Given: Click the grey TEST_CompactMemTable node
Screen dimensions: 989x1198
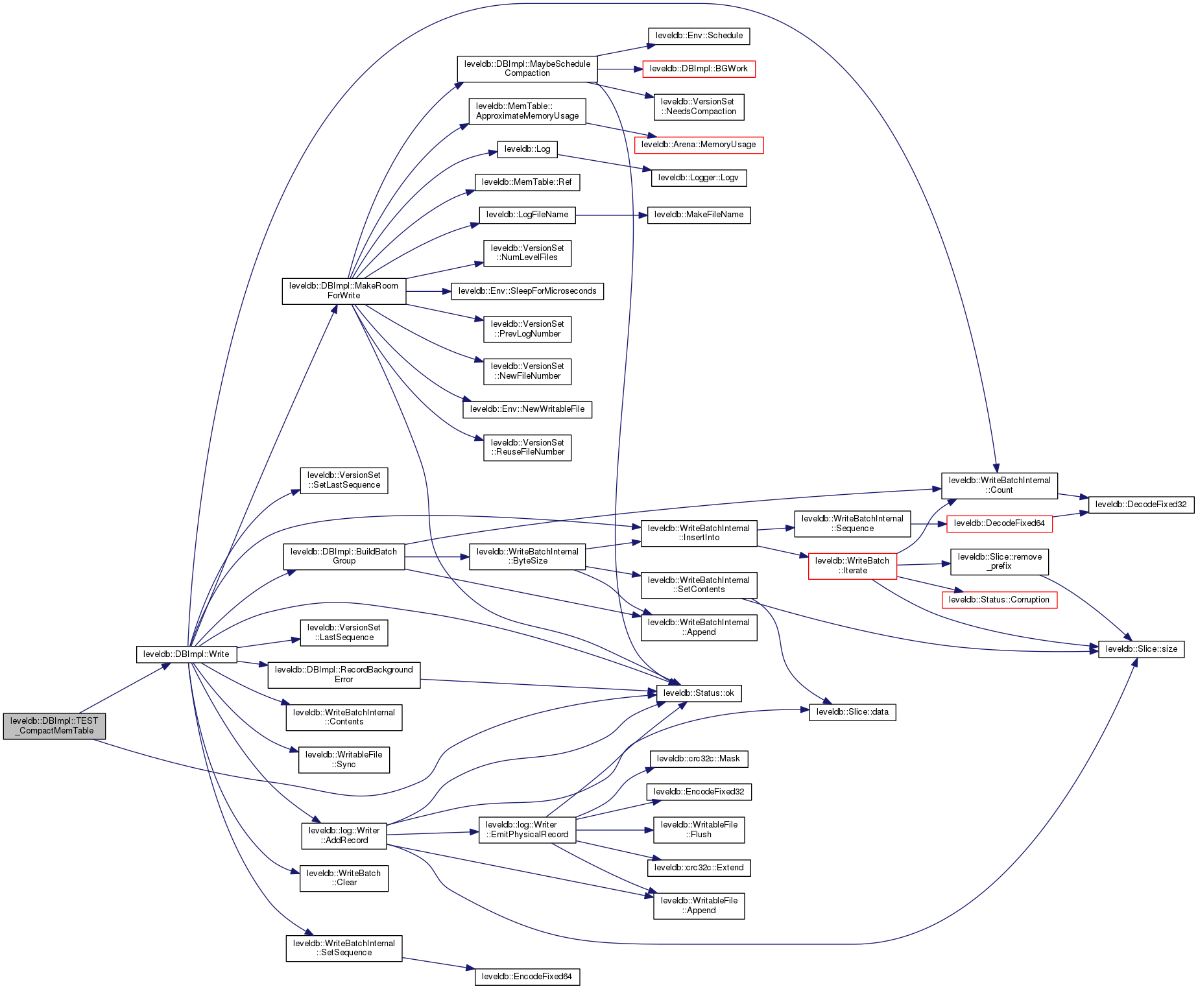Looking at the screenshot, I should (x=54, y=726).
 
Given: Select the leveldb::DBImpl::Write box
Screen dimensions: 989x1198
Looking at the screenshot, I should (x=186, y=654).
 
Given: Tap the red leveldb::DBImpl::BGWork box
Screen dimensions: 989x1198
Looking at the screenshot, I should (x=699, y=69).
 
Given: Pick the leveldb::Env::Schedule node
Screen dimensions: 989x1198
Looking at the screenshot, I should (x=699, y=36).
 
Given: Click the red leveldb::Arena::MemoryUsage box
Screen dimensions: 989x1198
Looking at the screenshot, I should (x=699, y=145).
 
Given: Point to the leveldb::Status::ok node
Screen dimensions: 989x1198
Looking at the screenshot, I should (x=699, y=693).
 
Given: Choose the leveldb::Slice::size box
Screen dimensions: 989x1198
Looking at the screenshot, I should (x=1141, y=649).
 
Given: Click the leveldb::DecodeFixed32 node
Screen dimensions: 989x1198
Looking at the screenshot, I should (x=1141, y=505).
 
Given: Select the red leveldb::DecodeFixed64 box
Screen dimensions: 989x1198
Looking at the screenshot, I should (x=999, y=523).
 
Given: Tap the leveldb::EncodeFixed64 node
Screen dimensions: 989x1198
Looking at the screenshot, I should (x=527, y=977).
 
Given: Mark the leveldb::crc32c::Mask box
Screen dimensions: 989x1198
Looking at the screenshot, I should (x=699, y=759).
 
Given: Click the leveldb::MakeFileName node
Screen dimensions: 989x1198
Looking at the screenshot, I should (x=699, y=215).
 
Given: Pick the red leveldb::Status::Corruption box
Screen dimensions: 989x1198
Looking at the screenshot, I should (x=999, y=600).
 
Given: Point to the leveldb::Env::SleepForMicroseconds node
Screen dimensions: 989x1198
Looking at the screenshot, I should (x=527, y=291).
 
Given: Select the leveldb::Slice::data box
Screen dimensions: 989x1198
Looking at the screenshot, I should (x=852, y=712).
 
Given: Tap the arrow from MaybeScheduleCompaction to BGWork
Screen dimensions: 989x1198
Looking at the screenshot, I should (x=619, y=69).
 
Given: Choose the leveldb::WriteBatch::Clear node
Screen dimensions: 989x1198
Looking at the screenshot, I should (x=344, y=878).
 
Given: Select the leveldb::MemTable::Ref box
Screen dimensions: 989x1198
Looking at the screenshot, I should (x=527, y=182).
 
